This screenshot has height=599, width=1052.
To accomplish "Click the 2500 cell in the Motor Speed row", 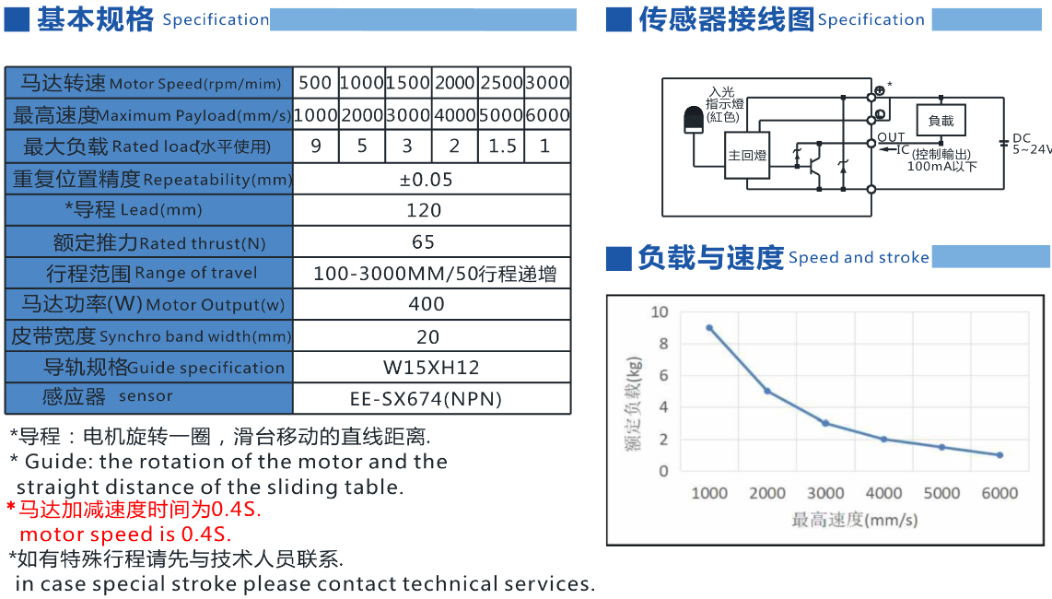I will [x=501, y=83].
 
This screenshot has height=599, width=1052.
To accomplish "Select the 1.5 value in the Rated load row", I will [x=501, y=146].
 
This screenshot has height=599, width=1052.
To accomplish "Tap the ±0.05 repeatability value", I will [x=426, y=179].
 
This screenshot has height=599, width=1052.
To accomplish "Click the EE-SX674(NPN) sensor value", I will [x=426, y=399].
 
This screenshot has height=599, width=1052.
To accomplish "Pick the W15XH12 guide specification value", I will [x=431, y=368].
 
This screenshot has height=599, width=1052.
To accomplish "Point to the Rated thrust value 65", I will [x=424, y=242].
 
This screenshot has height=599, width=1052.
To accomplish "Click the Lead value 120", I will [x=424, y=210].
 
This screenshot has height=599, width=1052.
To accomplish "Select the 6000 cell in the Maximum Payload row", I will [x=547, y=115].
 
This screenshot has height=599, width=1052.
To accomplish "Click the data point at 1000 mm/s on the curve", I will [x=709, y=328].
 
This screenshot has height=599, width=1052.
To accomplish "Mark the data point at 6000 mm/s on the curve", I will [x=999, y=455].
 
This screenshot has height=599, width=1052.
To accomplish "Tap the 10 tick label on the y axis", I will [x=660, y=312].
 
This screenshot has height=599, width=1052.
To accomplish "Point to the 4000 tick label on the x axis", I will [x=883, y=493].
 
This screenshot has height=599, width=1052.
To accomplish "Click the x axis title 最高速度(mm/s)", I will [x=854, y=520].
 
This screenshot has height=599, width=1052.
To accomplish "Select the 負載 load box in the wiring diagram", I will [x=941, y=121].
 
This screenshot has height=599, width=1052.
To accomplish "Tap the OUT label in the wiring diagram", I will [x=891, y=138].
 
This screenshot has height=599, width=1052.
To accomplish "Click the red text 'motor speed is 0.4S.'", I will [x=125, y=534].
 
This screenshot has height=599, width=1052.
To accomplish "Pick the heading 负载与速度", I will [x=710, y=258].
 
